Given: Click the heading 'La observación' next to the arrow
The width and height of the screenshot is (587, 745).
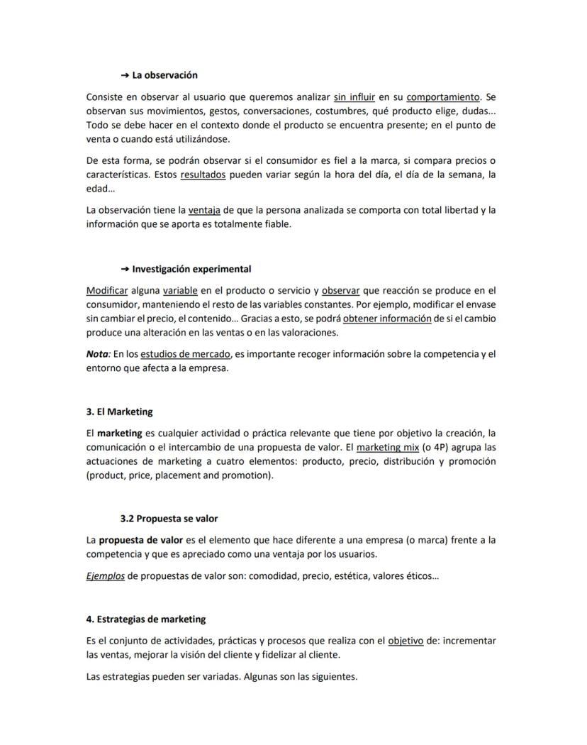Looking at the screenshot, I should click(164, 75).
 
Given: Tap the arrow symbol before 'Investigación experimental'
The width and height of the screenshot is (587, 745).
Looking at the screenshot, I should click(125, 270).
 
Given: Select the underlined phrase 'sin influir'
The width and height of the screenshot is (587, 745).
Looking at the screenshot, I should click(354, 97).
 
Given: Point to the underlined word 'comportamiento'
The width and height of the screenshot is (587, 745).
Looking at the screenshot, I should click(443, 97).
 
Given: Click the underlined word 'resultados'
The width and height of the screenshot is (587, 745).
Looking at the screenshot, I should click(203, 175).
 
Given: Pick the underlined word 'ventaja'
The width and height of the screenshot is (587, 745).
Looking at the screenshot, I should click(205, 210).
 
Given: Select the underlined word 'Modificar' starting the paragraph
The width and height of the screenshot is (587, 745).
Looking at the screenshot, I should click(107, 291).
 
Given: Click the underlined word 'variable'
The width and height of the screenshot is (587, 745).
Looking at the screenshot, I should click(180, 291).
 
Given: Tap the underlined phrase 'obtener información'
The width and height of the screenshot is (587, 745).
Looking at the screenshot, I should click(387, 319).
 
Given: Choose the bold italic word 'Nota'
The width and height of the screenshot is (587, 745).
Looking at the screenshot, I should click(98, 353).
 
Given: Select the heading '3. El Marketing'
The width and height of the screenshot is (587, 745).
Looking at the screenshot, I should click(119, 412).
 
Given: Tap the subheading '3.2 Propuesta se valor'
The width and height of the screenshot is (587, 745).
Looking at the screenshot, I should click(169, 519).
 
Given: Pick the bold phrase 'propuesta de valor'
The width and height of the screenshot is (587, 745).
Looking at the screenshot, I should click(140, 540).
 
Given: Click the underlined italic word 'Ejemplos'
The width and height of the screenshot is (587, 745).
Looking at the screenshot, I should click(105, 575).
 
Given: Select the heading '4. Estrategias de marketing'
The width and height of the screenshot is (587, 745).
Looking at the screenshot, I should click(145, 619).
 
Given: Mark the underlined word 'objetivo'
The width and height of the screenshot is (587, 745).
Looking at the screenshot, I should click(406, 641).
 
